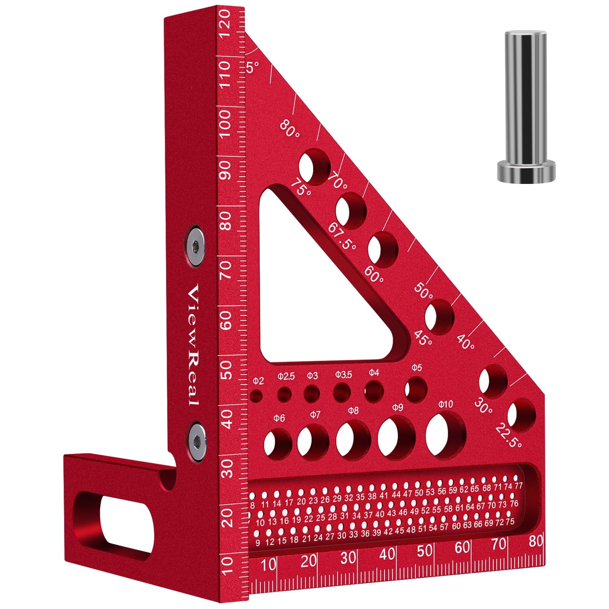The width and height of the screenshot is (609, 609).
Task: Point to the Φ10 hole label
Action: tap(445, 404)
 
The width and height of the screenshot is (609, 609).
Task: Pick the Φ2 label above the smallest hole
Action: tap(258, 381)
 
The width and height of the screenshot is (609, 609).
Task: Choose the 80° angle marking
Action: tap(289, 129)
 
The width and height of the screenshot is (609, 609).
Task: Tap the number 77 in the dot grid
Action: tap(518, 486)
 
